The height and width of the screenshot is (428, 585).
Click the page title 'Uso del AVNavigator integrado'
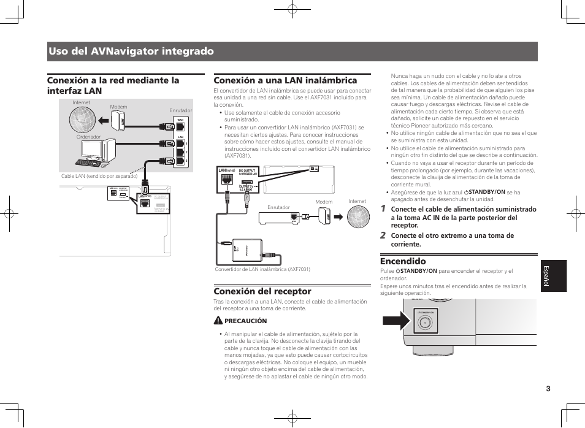(x=131, y=52)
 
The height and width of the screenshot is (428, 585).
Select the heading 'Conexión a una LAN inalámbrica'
(x=285, y=80)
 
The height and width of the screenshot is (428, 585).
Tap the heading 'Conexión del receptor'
(x=262, y=291)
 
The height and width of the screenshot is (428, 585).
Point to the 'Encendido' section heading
(x=403, y=261)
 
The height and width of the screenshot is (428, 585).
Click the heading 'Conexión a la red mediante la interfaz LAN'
(x=113, y=85)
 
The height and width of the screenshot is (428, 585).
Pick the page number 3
(x=549, y=388)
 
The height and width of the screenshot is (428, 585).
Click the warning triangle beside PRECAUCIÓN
(x=218, y=321)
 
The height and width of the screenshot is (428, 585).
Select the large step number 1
(x=383, y=209)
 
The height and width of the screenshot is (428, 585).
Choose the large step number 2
(x=383, y=235)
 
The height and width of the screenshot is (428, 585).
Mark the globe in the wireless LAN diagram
(x=357, y=215)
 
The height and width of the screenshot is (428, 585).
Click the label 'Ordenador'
(x=88, y=137)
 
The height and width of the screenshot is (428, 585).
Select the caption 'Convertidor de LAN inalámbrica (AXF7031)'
(x=262, y=269)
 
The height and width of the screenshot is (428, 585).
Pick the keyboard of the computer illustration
(x=87, y=162)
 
